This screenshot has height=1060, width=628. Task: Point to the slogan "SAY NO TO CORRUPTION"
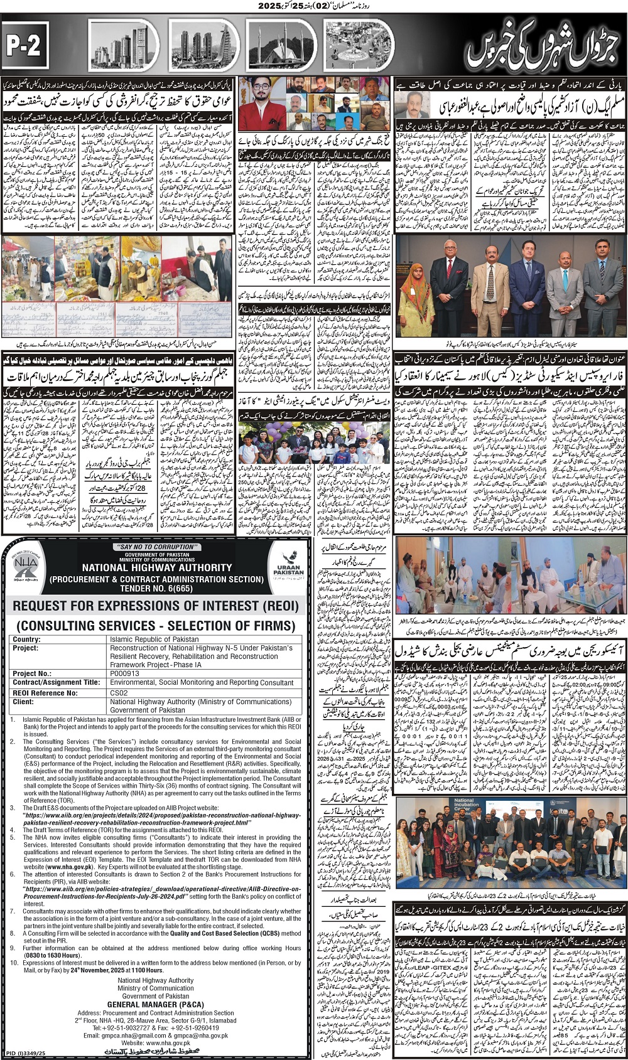pyautogui.click(x=157, y=547)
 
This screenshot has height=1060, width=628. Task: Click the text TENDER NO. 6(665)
pyautogui.click(x=157, y=588)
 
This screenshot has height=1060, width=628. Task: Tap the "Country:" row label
pyautogui.click(x=26, y=639)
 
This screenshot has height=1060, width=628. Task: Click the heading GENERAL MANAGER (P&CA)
pyautogui.click(x=155, y=1004)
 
